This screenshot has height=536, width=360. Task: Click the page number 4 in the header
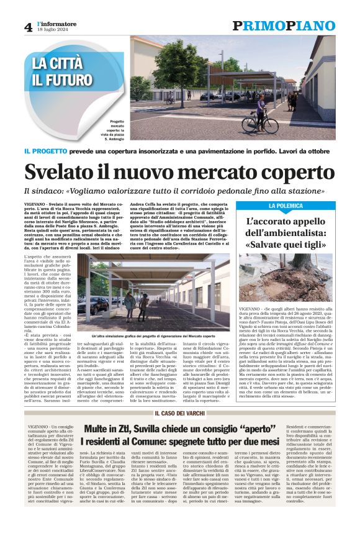pos(29,27)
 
